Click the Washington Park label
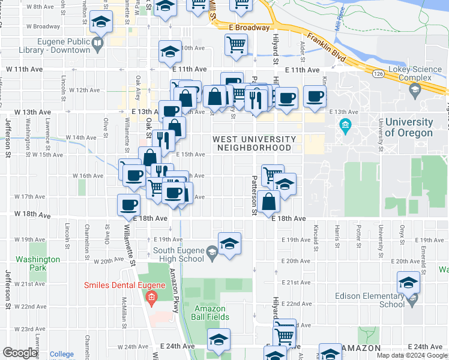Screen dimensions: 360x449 38,263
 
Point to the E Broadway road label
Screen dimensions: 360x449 247,28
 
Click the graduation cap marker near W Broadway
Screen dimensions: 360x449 101,24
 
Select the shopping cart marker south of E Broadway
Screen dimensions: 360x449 237,44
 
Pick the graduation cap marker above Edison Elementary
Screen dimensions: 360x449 408,282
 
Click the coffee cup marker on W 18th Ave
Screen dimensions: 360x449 128,205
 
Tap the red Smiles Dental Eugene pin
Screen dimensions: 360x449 151,296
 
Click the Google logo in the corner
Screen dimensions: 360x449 20,353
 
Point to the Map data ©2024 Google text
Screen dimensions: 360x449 411,355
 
